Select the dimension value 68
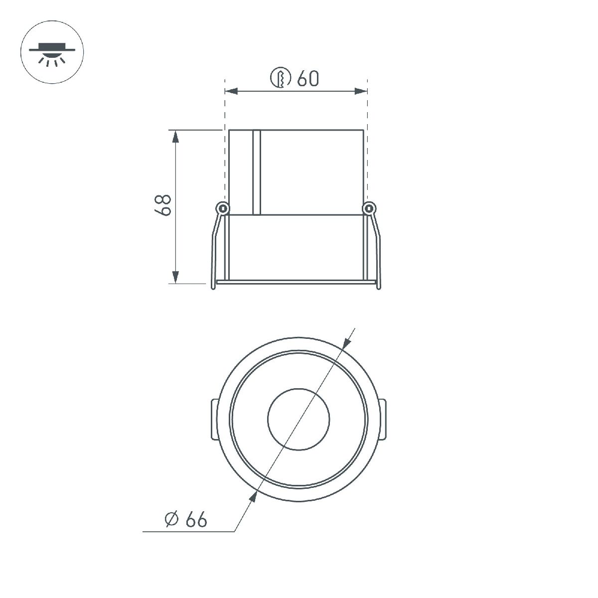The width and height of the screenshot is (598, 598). [163, 205]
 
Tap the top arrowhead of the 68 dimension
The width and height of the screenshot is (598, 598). [175, 136]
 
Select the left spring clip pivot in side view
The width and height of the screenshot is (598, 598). [222, 208]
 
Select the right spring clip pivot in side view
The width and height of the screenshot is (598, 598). [369, 208]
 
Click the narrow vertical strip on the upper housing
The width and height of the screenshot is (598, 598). [257, 172]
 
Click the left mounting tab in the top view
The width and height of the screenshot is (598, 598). [211, 419]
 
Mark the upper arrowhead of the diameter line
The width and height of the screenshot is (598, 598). [346, 343]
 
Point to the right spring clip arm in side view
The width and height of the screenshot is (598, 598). [376, 249]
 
